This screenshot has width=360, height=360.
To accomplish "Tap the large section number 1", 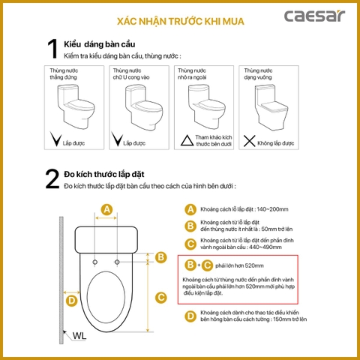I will point(51,49).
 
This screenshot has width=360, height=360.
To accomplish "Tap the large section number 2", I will point(51,179).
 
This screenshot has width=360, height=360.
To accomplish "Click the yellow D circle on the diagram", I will point(71,301).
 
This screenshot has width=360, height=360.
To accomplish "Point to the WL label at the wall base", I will point(79,336).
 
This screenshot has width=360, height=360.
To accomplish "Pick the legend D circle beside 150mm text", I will point(190,316).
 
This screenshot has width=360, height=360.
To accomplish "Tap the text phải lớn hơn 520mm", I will point(238,265).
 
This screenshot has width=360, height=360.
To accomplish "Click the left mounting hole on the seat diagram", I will point(95,261).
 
